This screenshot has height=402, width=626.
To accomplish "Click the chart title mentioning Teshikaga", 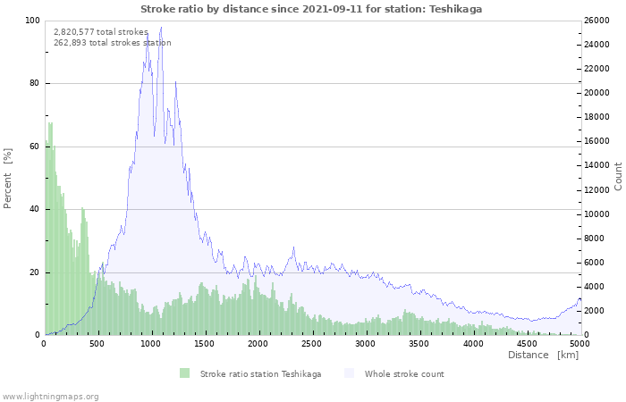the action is pos(311,9).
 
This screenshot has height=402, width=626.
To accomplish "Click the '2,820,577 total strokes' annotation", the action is pos(101,32).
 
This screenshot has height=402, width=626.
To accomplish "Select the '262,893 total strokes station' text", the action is pos(113,43).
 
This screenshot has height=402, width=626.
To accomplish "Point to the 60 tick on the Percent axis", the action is pos(34,147).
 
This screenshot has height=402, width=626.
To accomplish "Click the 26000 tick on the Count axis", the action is pos(596,21).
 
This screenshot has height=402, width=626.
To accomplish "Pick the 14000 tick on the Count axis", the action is pos(596,165).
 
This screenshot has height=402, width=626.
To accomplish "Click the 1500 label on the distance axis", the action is pos(204,344).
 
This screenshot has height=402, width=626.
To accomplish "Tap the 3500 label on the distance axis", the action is pos(419,344).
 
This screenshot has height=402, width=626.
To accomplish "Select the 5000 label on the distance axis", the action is pos(579,344).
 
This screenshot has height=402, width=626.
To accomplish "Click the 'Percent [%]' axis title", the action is pos(7,179).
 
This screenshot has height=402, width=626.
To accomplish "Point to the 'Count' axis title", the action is pos(618,176).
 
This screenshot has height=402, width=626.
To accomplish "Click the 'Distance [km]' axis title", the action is pos(543,355).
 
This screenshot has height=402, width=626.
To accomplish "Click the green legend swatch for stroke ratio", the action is pos(184,373).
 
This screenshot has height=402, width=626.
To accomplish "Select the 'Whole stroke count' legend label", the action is pos(404,374).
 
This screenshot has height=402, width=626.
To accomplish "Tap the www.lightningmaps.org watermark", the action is pos(49,397).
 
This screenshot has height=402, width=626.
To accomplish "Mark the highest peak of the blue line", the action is pos(161,27).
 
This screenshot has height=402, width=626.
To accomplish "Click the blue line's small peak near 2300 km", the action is pos(294,247).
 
